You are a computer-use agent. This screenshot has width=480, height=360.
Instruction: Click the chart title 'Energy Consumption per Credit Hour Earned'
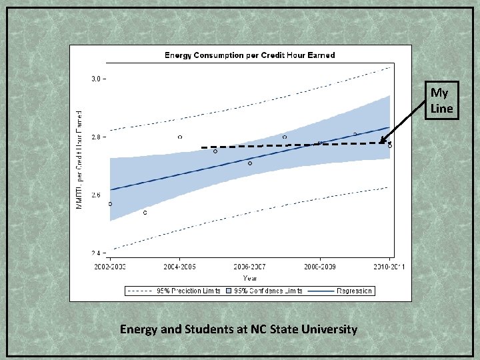[250, 55]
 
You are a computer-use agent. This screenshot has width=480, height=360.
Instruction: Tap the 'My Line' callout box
[441, 101]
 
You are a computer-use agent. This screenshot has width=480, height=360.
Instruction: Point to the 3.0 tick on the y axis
[97, 79]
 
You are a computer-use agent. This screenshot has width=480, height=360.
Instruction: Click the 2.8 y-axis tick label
[97, 137]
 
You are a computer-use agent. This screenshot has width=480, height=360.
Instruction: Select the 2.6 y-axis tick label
[97, 195]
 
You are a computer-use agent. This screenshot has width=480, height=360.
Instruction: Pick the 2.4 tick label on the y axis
[97, 253]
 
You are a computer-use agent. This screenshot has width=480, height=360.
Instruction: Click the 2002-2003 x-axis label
[109, 267]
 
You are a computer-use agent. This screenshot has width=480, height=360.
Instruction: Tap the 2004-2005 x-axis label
[179, 267]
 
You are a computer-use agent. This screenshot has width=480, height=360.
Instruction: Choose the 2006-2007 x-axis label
[249, 267]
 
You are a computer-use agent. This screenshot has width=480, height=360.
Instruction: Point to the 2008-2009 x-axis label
[320, 267]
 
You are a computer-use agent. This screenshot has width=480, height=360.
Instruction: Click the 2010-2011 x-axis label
[389, 267]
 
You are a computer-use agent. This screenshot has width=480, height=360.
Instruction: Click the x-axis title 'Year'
[250, 278]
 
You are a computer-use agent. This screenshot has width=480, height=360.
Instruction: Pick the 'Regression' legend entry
[354, 291]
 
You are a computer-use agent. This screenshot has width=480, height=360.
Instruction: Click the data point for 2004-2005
[180, 137]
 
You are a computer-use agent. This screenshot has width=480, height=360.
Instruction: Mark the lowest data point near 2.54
[145, 213]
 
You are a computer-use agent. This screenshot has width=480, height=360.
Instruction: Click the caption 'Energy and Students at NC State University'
[239, 329]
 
